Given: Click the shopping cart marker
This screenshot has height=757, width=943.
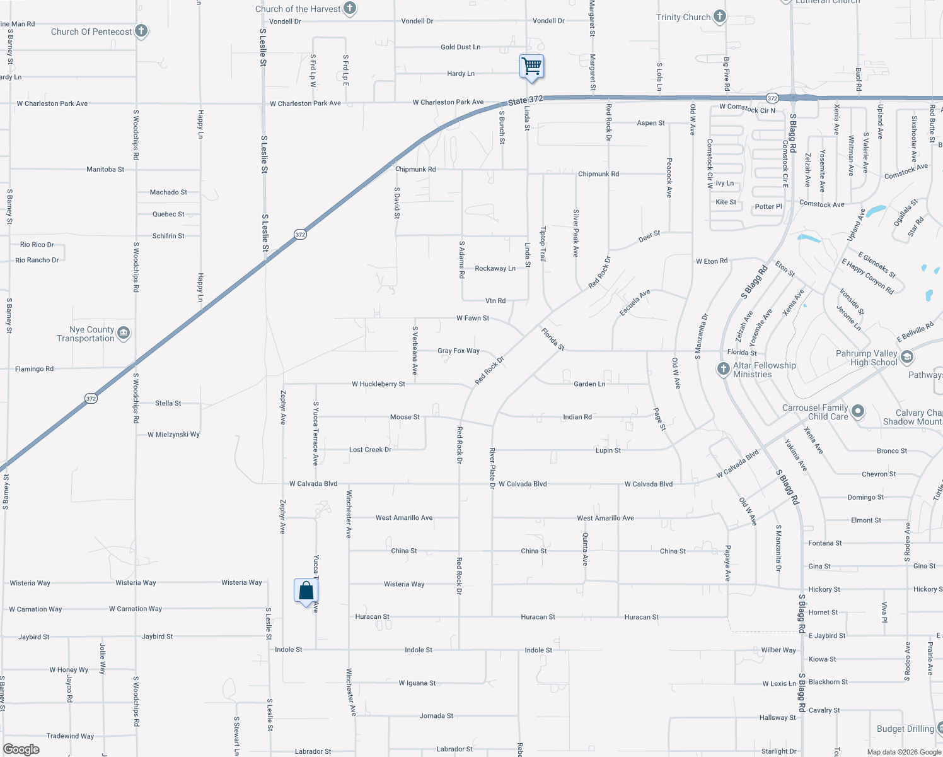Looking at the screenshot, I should click(531, 66).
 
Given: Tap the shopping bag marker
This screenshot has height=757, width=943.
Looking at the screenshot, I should click(306, 591).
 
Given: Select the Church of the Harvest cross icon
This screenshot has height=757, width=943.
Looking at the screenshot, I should click(350, 9).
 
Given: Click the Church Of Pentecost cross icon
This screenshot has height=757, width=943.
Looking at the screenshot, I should click(141, 31).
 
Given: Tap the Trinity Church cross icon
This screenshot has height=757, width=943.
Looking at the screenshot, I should click(720, 17).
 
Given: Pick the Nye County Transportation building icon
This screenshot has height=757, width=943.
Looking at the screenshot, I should click(124, 332).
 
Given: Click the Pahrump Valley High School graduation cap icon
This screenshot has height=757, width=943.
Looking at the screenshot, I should click(907, 358).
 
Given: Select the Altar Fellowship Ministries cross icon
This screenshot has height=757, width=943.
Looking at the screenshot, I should click(724, 369).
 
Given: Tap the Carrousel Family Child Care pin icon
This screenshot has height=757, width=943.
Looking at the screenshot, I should click(857, 412).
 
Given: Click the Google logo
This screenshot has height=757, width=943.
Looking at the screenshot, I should click(21, 749).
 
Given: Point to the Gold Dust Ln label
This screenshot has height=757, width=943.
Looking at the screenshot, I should click(460, 47).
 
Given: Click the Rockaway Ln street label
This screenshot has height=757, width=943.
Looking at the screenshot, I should click(495, 269).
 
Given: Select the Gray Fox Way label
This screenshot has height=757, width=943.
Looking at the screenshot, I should click(458, 351).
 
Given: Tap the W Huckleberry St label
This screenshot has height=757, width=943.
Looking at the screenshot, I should click(378, 384).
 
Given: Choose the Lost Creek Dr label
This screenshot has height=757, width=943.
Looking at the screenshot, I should click(370, 450).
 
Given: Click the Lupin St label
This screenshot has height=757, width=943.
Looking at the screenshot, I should click(608, 450).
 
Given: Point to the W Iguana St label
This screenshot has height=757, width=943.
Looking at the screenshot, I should click(417, 683).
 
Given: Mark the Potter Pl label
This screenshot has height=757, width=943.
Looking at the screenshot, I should click(768, 206).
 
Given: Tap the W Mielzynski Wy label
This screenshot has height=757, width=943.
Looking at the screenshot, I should click(173, 435).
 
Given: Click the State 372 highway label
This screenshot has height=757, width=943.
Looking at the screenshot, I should click(525, 100).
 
